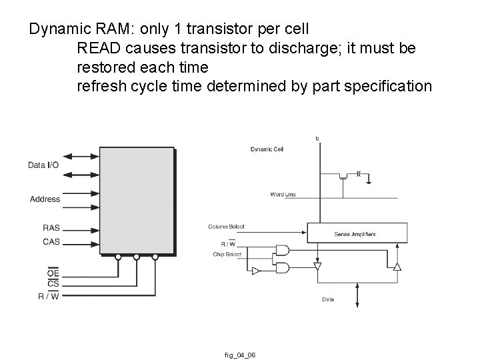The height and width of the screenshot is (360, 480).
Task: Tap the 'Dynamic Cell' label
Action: (267, 149)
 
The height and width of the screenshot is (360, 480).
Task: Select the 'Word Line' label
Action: (283, 194)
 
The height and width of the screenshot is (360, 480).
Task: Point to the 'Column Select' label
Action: (226, 227)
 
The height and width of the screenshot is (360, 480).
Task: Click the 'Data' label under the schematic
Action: (328, 300)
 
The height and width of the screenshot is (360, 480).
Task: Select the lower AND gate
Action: (282, 267)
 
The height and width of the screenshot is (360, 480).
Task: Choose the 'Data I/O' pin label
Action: (43, 165)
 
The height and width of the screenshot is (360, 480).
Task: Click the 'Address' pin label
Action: (45, 199)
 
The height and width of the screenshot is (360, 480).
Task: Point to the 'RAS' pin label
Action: (51, 227)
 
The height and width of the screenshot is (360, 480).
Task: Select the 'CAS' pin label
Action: (51, 241)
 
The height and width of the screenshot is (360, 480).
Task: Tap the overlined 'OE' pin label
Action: (53, 273)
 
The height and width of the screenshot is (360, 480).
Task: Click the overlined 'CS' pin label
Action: (53, 284)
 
